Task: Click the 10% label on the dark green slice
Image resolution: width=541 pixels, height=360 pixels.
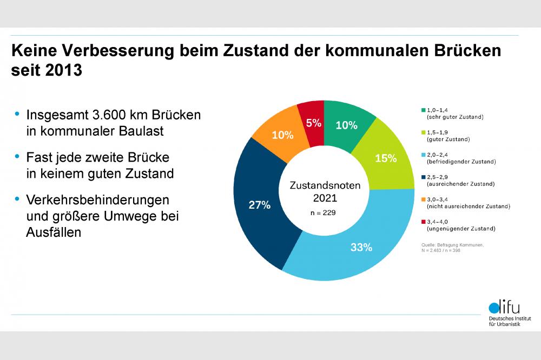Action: tap(346, 125)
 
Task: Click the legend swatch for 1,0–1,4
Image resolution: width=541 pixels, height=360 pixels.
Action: tap(423, 110)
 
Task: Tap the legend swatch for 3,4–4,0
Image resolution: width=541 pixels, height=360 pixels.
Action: tap(423, 222)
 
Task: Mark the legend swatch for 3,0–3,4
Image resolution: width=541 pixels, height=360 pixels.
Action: tap(423, 199)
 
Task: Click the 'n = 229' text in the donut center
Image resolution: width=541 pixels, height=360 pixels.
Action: tap(323, 212)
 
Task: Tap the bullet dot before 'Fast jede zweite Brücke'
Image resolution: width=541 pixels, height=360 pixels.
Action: tap(17, 157)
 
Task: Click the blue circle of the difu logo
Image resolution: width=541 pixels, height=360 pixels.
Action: tap(494, 309)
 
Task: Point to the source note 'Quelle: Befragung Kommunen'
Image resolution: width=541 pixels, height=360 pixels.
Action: tap(452, 245)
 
